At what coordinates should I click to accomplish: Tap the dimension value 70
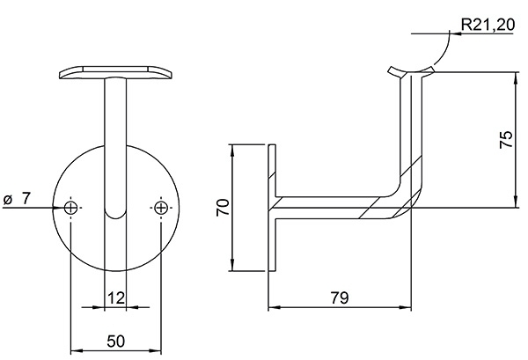tap(224, 208)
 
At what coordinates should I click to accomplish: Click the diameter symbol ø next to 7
tap(8, 200)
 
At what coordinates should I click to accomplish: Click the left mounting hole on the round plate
tap(71, 208)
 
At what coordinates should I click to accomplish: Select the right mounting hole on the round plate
tap(160, 208)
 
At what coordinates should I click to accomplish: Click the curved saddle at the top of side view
tap(412, 69)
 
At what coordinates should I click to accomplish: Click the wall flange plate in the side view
tap(274, 208)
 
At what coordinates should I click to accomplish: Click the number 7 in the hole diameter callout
tap(27, 200)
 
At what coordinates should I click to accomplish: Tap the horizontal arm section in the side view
tap(334, 207)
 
